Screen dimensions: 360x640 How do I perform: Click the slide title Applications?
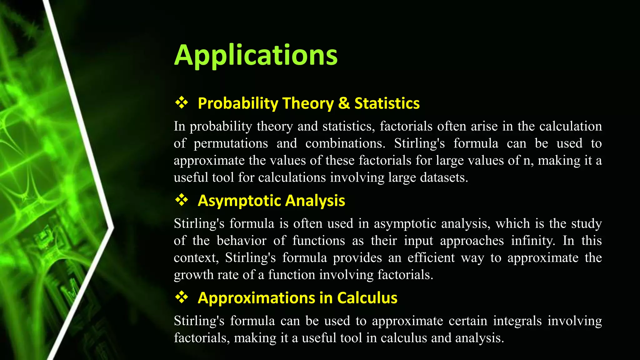pyautogui.click(x=256, y=55)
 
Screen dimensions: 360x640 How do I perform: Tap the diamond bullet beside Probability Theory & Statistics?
pyautogui.click(x=182, y=102)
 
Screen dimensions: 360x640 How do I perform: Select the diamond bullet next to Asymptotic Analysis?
pyautogui.click(x=182, y=200)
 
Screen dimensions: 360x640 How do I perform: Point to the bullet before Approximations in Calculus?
pyautogui.click(x=182, y=297)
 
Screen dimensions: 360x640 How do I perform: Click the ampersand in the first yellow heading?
pyautogui.click(x=344, y=103)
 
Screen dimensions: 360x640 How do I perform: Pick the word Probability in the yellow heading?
pyautogui.click(x=238, y=104)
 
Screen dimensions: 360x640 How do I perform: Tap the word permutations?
pyautogui.click(x=231, y=144)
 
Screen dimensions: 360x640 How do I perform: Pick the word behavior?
pyautogui.click(x=242, y=241)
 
